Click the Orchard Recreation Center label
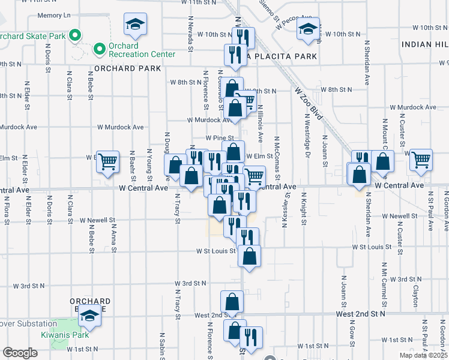[x=141, y=50]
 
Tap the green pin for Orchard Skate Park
[x=74, y=36]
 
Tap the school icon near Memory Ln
[x=135, y=25]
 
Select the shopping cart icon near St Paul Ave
[x=421, y=160]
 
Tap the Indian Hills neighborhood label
[x=425, y=44]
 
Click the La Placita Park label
[x=284, y=57]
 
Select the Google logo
[x=20, y=353]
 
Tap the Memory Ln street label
[x=54, y=15]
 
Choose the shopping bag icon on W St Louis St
[x=249, y=256]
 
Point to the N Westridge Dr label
[x=307, y=134]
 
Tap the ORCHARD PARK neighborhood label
[x=127, y=68]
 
